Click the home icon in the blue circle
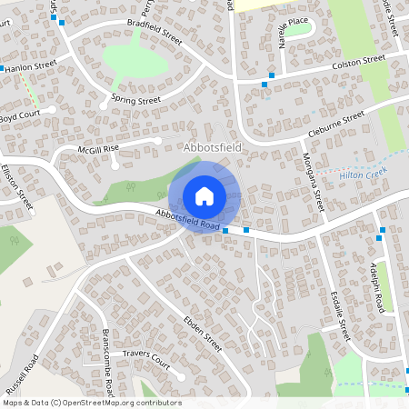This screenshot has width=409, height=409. [x=204, y=195]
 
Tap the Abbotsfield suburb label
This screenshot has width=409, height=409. [x=213, y=146]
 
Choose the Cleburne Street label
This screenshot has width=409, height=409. [x=335, y=124]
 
